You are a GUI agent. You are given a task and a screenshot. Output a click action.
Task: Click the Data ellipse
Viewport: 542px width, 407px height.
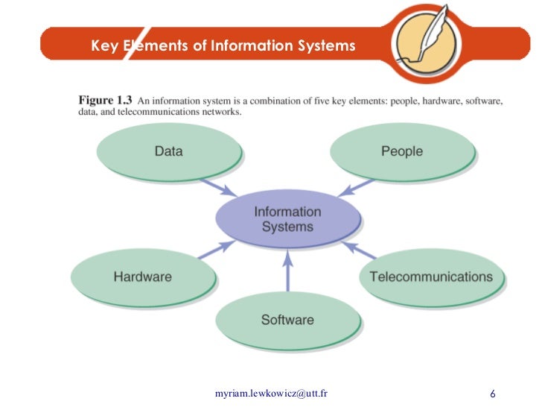[169, 151]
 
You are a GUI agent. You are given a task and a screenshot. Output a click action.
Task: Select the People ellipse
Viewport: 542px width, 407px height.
[401, 151]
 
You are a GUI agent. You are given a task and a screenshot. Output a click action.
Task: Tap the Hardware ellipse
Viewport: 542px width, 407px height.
[142, 277]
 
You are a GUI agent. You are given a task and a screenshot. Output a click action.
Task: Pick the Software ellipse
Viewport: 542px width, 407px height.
[287, 320]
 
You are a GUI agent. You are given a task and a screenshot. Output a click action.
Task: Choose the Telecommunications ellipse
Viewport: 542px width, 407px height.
[431, 277]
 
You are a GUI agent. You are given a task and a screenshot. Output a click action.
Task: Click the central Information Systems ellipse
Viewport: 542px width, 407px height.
[287, 219]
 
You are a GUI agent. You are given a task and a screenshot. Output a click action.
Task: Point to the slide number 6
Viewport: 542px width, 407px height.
[493, 393]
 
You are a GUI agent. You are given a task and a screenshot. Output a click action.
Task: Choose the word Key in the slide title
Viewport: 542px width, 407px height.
[105, 46]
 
